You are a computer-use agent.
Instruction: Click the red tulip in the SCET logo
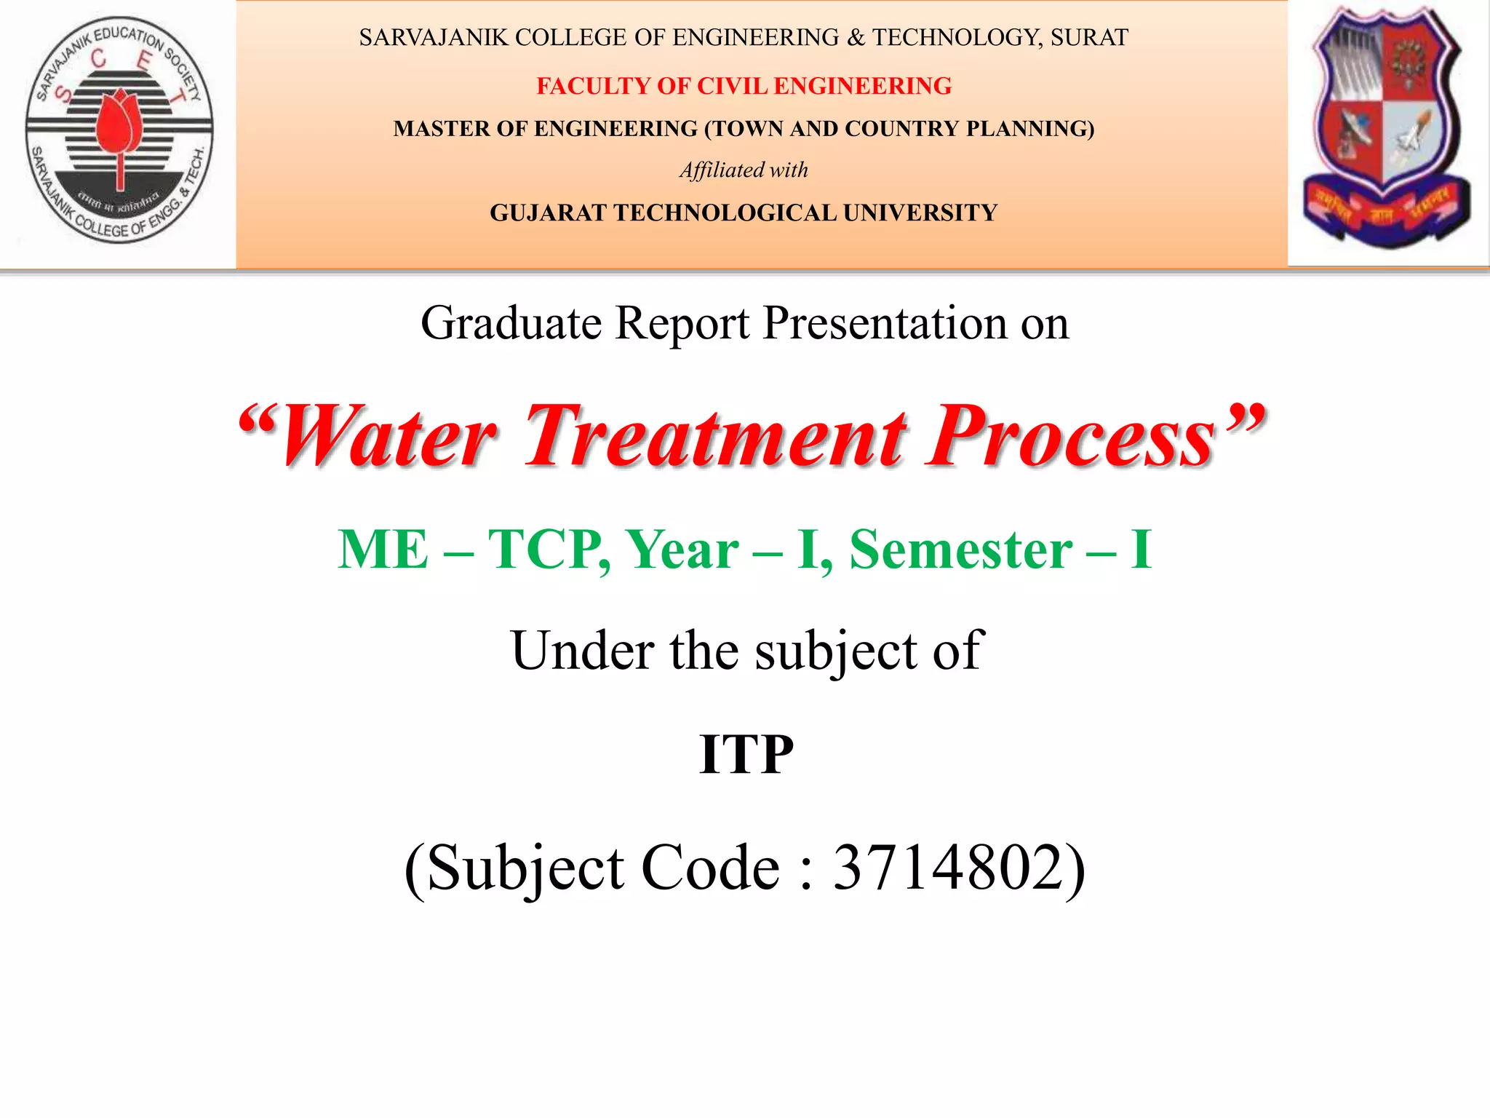(118, 124)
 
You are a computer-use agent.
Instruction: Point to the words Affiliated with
(744, 170)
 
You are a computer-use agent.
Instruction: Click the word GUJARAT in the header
(549, 213)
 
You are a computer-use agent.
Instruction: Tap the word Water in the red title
(389, 437)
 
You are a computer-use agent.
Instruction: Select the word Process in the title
(1072, 437)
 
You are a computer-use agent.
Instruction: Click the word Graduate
(511, 323)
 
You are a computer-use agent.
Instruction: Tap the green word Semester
(960, 550)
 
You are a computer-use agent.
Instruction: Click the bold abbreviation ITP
(746, 755)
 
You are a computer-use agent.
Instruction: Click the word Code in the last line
(710, 868)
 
